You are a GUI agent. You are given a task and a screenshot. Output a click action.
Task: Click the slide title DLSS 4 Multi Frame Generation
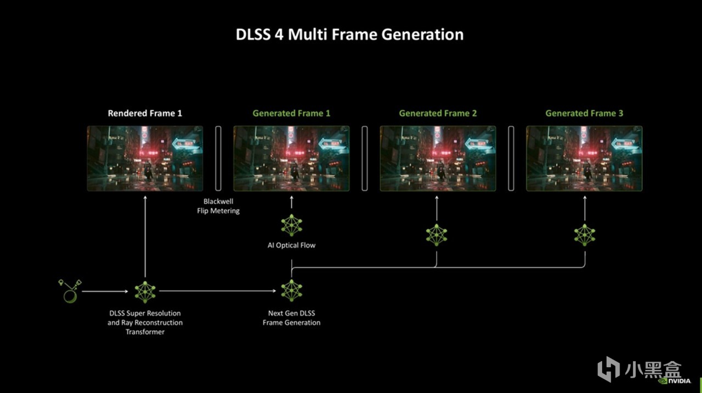tap(349, 35)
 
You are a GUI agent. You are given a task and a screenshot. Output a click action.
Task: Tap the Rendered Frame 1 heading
tap(145, 113)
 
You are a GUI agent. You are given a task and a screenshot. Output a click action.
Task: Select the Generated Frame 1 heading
tap(291, 113)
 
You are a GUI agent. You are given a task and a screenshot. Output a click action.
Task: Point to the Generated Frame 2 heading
tap(438, 113)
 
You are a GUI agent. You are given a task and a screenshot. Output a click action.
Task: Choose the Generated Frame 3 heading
tap(584, 113)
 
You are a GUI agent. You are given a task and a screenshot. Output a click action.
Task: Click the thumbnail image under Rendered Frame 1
tap(145, 159)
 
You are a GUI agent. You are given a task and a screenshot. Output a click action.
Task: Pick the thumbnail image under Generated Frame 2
tap(438, 159)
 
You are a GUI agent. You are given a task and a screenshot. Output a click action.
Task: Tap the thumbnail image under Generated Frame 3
tap(584, 159)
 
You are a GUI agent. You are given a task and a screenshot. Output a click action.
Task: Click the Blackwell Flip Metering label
tap(218, 206)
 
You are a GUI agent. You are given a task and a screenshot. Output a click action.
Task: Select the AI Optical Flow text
tap(291, 245)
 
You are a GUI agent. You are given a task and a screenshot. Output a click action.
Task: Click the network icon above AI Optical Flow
tap(291, 225)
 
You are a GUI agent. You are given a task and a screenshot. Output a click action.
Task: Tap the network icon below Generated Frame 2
tap(437, 235)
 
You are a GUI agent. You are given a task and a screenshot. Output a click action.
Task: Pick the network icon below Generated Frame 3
tap(585, 235)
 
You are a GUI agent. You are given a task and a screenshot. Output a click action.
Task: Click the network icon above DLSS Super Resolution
tap(145, 292)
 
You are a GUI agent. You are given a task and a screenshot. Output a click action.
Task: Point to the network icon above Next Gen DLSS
tap(291, 291)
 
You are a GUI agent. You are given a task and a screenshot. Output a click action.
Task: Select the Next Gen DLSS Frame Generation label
tap(291, 318)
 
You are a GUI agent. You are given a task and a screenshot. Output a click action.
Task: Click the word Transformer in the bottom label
tap(145, 332)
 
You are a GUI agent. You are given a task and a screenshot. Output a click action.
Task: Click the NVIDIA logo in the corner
tap(675, 381)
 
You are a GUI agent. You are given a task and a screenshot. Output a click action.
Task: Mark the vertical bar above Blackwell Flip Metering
tap(218, 159)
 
